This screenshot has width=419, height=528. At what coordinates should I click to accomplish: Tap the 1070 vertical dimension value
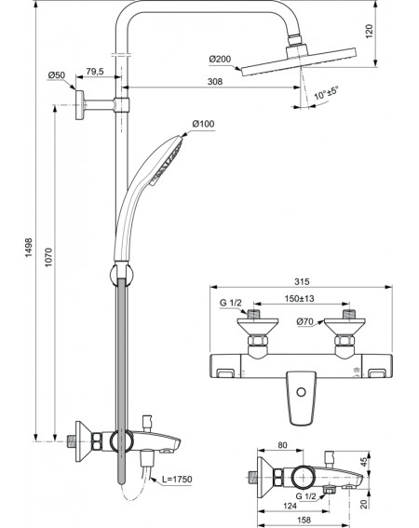click(48, 258)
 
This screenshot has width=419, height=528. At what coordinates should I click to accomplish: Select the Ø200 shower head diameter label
click(220, 60)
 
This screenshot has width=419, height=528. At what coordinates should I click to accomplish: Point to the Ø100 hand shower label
click(203, 124)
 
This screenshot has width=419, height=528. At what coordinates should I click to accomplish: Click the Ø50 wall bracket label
click(57, 75)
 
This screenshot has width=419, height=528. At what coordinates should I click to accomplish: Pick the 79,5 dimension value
click(95, 72)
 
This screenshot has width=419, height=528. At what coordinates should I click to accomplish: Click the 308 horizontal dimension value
click(215, 82)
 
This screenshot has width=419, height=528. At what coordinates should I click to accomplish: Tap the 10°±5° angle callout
click(326, 93)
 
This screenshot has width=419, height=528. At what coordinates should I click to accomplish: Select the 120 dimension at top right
click(370, 32)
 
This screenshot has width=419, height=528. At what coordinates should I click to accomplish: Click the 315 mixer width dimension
click(302, 281)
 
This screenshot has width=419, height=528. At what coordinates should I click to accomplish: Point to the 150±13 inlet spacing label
click(300, 298)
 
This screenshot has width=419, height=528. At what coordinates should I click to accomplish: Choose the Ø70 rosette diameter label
click(304, 322)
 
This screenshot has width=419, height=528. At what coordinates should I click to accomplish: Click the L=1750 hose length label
click(177, 479)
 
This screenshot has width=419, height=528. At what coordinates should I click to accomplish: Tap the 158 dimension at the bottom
click(304, 521)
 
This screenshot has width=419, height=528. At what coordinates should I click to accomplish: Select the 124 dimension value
click(290, 506)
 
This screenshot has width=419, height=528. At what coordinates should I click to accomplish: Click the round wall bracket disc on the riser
click(80, 105)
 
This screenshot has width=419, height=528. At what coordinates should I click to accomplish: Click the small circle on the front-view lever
click(302, 392)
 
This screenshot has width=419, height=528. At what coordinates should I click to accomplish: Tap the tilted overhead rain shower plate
click(299, 62)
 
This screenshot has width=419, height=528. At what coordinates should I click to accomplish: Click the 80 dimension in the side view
click(282, 445)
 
